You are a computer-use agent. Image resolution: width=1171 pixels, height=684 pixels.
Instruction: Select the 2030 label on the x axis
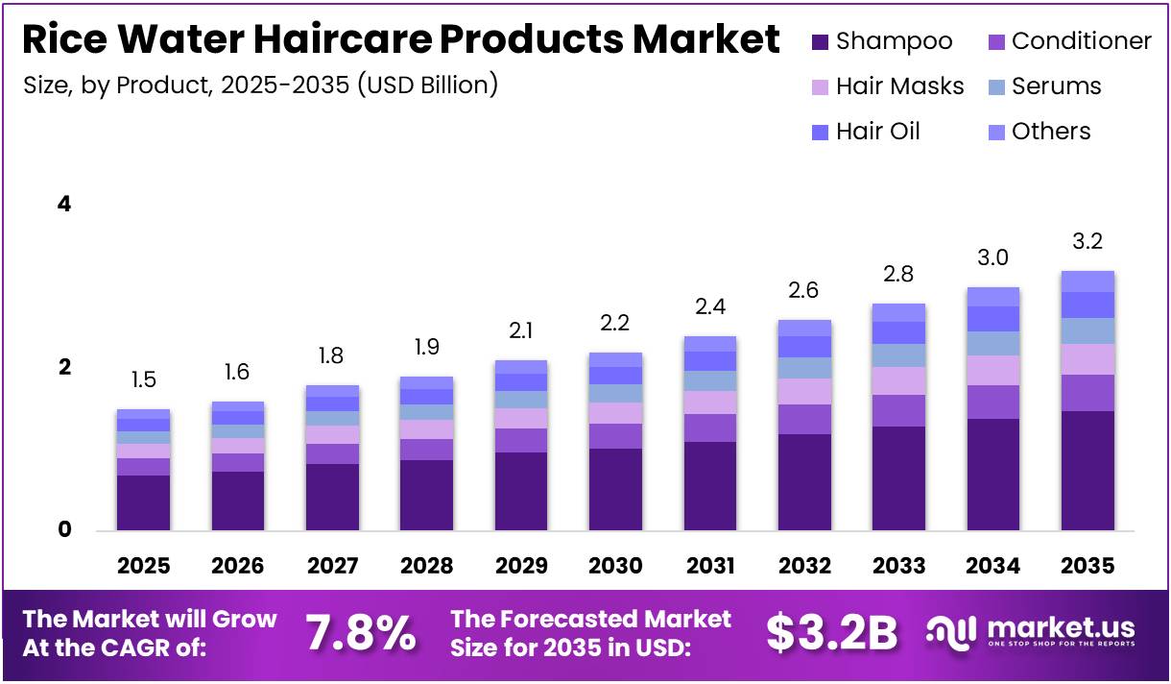pos(615,566)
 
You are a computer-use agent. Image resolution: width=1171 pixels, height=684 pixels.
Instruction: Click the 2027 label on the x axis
pos(332,566)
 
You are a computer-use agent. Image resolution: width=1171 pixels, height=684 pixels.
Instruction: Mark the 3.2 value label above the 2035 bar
pos(1087,241)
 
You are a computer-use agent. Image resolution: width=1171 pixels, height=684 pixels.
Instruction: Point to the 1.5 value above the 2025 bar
pos(143,380)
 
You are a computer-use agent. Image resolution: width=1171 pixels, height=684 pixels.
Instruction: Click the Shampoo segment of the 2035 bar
pos(1087,471)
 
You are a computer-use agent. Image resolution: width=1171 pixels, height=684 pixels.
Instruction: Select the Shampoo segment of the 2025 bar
pos(143,502)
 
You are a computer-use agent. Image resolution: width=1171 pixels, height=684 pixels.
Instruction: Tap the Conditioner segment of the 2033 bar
pos(898,410)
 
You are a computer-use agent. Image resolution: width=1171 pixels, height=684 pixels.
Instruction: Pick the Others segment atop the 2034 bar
pos(992,296)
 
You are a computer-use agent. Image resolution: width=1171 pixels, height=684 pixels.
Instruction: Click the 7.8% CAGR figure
pos(361,633)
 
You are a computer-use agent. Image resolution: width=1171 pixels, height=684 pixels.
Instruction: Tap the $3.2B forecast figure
pos(831,633)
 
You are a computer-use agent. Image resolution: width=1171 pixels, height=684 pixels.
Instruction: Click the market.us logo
pos(1031,632)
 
